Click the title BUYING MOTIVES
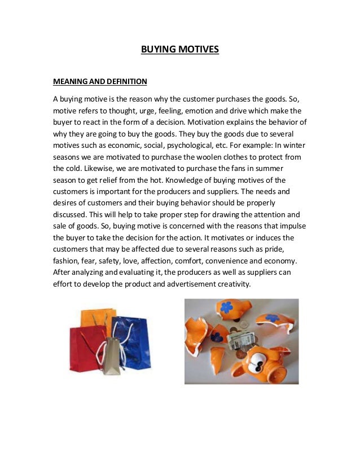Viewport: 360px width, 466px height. pos(179,50)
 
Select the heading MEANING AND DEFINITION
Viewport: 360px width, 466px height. pos(100,82)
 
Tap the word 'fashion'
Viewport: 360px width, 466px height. pos(66,261)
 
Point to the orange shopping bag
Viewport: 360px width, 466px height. pos(98,318)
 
